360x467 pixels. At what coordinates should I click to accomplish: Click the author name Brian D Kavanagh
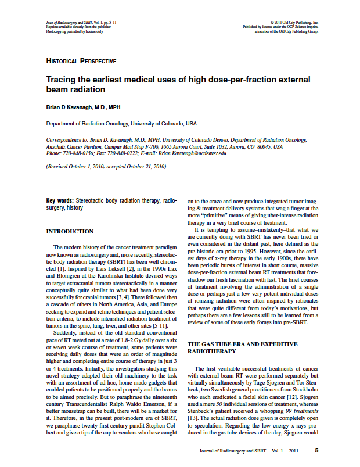tap(83, 107)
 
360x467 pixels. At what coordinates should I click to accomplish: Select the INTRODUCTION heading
tap(70, 232)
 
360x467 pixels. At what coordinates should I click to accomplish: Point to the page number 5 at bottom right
tap(316, 450)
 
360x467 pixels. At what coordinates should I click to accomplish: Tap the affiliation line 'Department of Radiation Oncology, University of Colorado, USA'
tap(121, 124)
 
